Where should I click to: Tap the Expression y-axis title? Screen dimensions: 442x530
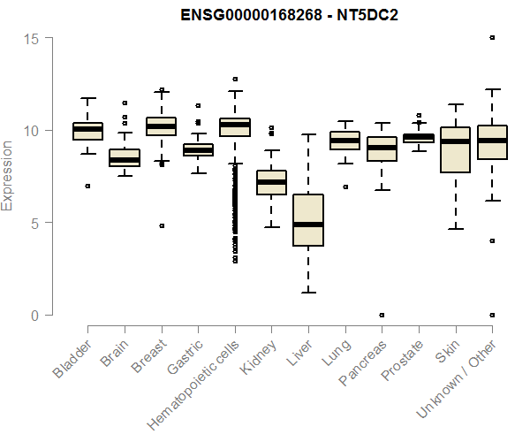pyautogui.click(x=8, y=175)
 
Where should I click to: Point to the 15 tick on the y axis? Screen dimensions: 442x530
pyautogui.click(x=32, y=38)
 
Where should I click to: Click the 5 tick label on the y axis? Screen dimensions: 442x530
pyautogui.click(x=32, y=223)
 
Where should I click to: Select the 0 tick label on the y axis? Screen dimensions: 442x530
pyautogui.click(x=32, y=315)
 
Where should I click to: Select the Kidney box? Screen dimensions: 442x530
pyautogui.click(x=271, y=182)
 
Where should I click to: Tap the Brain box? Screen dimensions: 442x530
pyautogui.click(x=125, y=158)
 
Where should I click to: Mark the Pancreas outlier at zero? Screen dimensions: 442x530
pyautogui.click(x=382, y=315)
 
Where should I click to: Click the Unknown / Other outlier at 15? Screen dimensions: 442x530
pyautogui.click(x=492, y=38)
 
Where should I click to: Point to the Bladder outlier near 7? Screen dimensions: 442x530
pyautogui.click(x=87, y=186)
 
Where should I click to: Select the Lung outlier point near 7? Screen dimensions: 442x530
pyautogui.click(x=344, y=187)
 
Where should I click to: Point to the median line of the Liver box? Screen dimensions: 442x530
pyautogui.click(x=307, y=225)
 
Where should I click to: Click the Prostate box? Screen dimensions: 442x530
pyautogui.click(x=418, y=138)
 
